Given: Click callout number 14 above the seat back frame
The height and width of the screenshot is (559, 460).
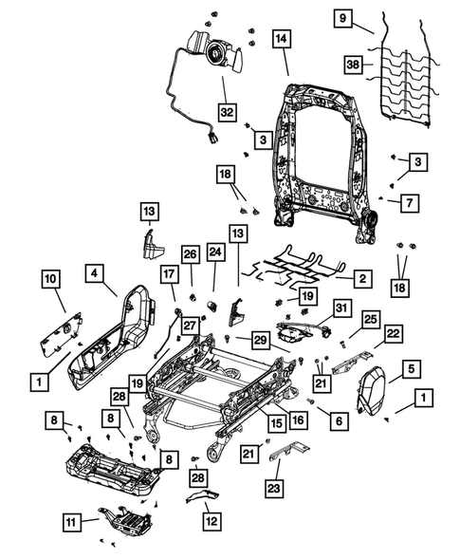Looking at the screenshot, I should point(282,39).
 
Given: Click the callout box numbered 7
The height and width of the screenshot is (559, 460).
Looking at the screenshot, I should point(407,203).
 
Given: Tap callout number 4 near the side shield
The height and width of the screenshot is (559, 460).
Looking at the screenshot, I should point(97,273).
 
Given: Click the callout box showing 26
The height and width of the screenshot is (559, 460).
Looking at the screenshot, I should point(190,254).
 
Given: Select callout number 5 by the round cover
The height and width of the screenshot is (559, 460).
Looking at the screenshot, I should point(411,368).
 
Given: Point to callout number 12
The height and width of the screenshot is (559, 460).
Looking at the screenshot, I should point(211,520).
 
